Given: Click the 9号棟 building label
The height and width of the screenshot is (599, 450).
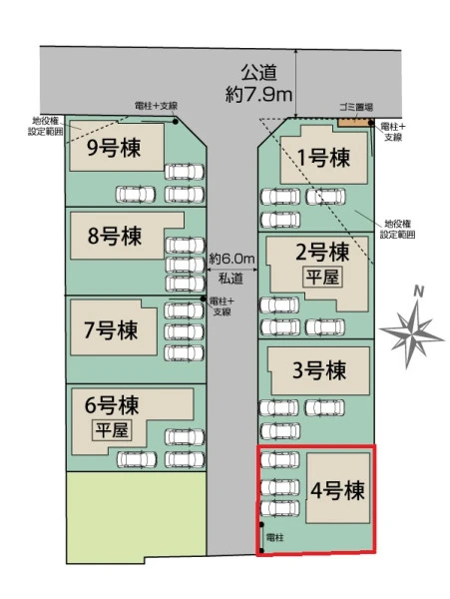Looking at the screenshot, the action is click(114, 148).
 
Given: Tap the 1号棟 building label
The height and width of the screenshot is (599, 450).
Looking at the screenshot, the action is click(323, 157).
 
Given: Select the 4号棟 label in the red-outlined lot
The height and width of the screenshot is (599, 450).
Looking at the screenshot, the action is click(337, 490).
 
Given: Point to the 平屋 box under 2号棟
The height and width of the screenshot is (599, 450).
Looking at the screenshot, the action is click(322, 277).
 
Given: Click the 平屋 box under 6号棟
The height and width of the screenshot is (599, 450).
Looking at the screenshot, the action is click(112, 430).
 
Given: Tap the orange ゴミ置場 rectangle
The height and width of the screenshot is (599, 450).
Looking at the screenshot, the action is click(354, 122).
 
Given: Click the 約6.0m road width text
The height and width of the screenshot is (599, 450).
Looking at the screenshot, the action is click(231, 260).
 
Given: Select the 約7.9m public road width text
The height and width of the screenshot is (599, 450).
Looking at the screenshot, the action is click(258, 94).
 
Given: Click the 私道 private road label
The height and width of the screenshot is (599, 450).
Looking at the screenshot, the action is click(230, 279).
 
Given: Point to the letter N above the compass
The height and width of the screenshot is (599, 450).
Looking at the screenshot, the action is click(419, 292).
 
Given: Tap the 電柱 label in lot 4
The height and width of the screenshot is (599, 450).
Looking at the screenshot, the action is click(274, 537).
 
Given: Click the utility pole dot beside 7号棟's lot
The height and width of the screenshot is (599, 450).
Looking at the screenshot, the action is click(204, 299).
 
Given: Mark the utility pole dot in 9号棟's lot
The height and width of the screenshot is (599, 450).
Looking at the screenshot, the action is click(176, 122).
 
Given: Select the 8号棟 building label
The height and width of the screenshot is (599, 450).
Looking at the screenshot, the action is click(115, 236).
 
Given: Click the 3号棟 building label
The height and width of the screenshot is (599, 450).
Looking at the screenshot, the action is click(319, 370).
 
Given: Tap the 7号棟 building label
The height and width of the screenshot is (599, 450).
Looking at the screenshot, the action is click(111, 330).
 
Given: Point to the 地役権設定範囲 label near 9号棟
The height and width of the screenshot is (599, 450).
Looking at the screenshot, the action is click(46, 127).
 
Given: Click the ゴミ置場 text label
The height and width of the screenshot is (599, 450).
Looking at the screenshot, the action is click(356, 107).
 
